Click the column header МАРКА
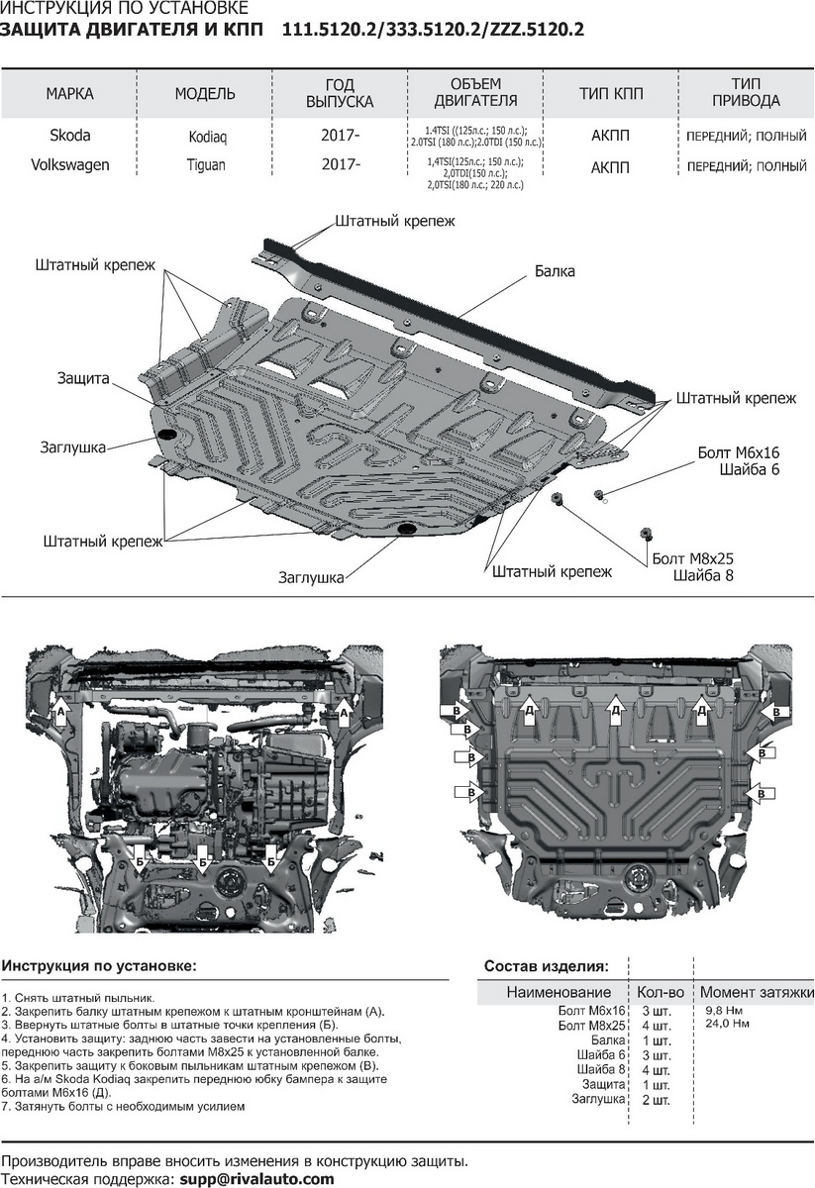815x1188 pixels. [69, 94]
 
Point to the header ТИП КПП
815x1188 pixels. [610, 94]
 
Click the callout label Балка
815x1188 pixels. [555, 270]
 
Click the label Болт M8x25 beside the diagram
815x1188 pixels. [692, 558]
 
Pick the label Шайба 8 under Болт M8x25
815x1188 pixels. [703, 575]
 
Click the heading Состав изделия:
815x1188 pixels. [546, 965]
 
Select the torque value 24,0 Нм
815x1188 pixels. [727, 1023]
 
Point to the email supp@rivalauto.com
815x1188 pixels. [255, 1179]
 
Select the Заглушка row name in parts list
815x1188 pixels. [598, 1099]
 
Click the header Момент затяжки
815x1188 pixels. [757, 992]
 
